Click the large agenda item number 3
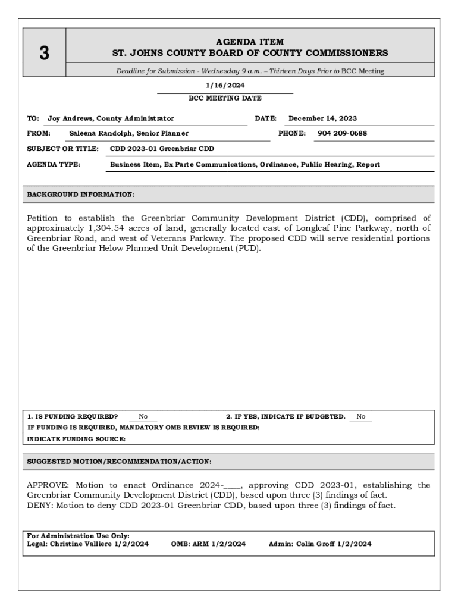(x=44, y=54)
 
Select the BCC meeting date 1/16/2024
(x=225, y=86)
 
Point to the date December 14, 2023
(x=322, y=118)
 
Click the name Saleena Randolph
(x=98, y=133)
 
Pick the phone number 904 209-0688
(x=342, y=133)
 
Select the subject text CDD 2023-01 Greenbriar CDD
(x=162, y=149)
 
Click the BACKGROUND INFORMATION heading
(x=81, y=194)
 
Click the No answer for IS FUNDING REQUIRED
(x=143, y=417)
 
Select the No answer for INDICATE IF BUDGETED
(x=361, y=417)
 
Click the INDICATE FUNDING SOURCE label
(x=76, y=439)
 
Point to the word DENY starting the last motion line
(x=39, y=506)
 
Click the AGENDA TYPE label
(x=54, y=164)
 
